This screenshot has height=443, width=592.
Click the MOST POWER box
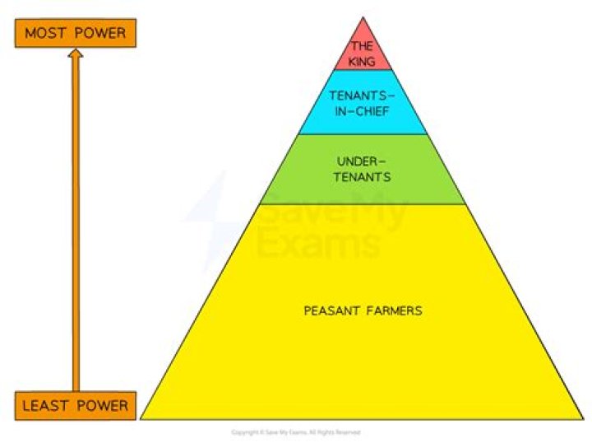75,33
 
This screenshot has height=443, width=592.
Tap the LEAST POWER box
75,405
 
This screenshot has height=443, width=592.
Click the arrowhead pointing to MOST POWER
76,55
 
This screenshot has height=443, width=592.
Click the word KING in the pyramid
362,61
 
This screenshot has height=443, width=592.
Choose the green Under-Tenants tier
363,169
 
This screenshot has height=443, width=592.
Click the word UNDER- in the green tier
363,162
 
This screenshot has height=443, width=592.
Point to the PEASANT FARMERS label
363,310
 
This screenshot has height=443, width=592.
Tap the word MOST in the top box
44,33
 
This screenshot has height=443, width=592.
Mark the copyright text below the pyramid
295,431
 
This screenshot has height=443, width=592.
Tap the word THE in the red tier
362,46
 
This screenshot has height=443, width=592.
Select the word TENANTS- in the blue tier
363,94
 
